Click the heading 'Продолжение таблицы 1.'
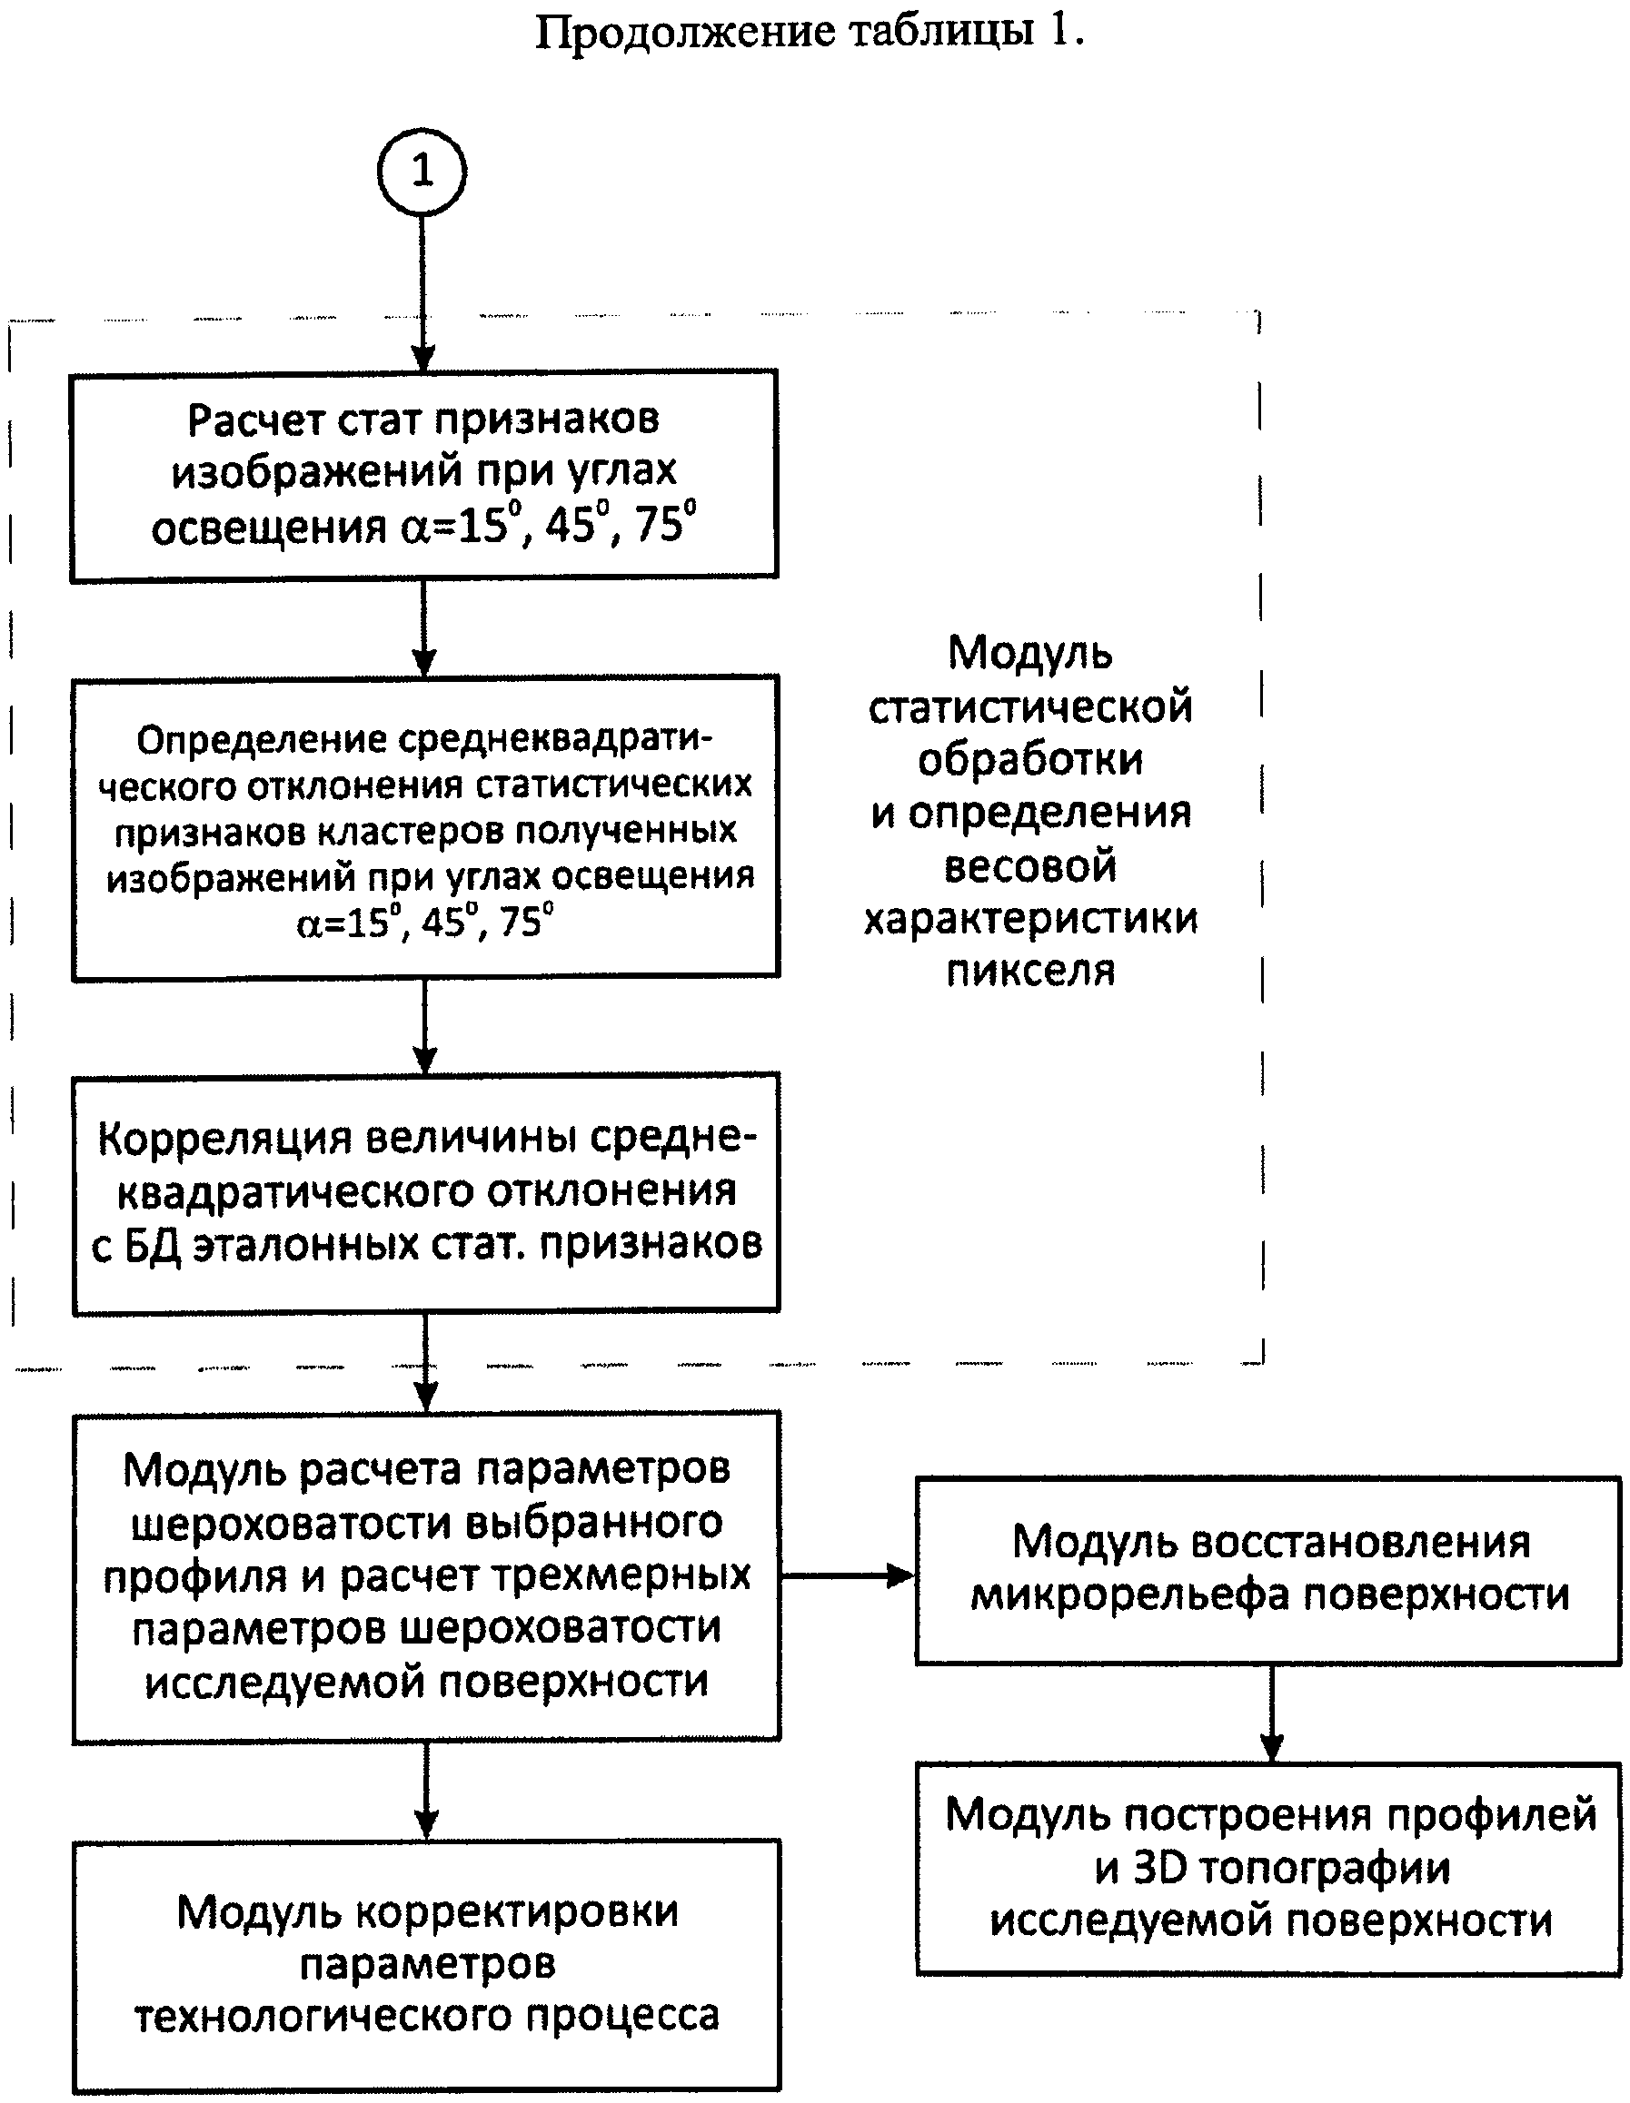pos(810,33)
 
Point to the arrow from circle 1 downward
pos(422,292)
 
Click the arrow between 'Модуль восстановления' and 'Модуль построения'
pos(1272,1714)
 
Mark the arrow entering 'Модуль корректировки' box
pos(426,1792)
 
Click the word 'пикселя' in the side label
pos(1031,972)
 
